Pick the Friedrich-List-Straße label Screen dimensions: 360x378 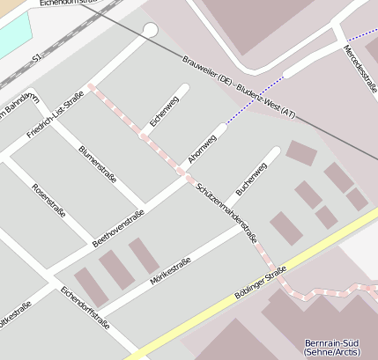point(55,115)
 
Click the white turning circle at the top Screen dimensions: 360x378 point(150,31)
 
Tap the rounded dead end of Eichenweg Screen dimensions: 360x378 point(183,88)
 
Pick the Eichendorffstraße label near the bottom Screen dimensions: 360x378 point(85,307)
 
